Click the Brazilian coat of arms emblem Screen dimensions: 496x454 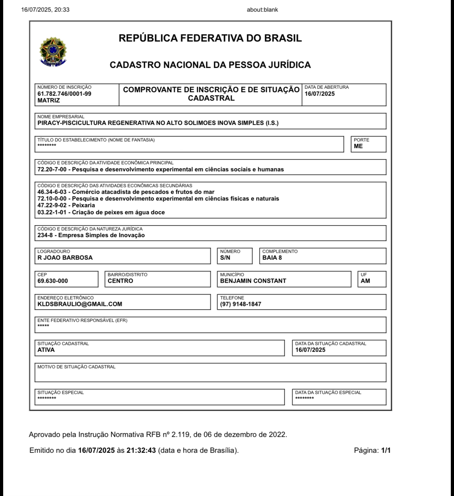(53, 52)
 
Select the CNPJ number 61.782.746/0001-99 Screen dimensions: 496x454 (64, 94)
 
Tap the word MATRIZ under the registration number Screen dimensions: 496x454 (49, 101)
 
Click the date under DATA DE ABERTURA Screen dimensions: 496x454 (320, 94)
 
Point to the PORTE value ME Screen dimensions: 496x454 (358, 146)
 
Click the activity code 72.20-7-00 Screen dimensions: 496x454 (52, 170)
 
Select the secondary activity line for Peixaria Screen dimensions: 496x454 (66, 205)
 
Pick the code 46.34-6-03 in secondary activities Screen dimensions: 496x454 (52, 192)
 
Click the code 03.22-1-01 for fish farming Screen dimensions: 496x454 (52, 212)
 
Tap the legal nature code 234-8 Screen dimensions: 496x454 (45, 235)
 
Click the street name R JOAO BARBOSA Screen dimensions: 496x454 (65, 258)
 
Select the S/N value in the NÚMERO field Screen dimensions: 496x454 (225, 258)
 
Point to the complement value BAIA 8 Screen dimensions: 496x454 (272, 258)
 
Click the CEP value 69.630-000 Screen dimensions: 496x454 (53, 281)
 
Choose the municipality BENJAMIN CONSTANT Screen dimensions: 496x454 (253, 281)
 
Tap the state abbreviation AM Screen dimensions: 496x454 (365, 281)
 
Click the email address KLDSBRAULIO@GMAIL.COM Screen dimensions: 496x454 (80, 304)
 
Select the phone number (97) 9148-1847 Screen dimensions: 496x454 (241, 304)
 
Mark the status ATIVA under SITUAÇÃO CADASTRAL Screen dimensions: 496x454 (46, 350)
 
